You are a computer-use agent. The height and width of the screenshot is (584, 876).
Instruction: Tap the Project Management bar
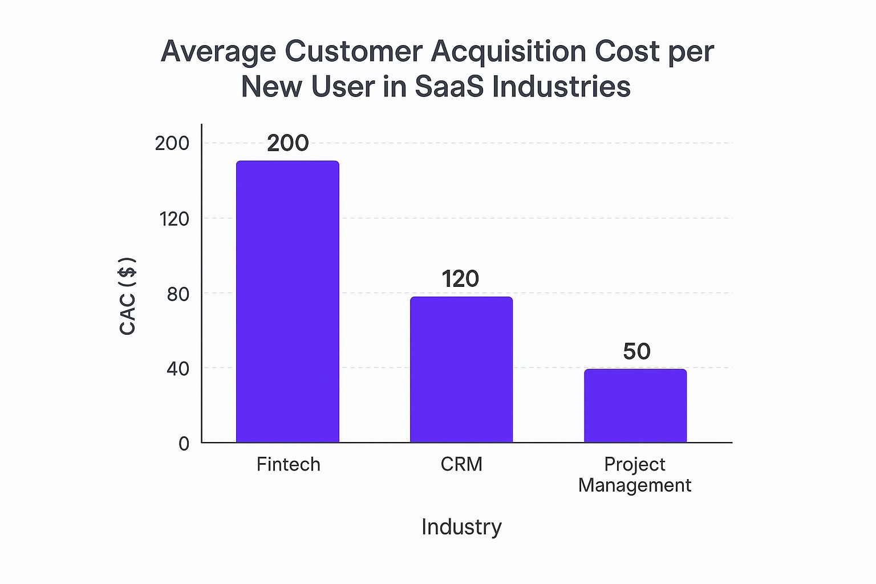[635, 405]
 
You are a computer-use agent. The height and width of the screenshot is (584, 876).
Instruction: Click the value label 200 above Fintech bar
[287, 143]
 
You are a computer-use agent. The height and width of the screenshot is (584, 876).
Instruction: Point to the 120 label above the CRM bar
[460, 279]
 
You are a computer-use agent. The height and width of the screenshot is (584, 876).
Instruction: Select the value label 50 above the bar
[636, 351]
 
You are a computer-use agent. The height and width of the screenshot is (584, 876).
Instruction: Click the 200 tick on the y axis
[172, 143]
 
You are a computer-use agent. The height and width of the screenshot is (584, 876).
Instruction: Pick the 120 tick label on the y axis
[174, 218]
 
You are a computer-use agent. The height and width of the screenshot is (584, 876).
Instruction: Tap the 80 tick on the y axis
[177, 294]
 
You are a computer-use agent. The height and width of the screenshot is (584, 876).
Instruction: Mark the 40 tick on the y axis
[177, 369]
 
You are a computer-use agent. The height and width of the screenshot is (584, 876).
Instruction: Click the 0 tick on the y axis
[184, 444]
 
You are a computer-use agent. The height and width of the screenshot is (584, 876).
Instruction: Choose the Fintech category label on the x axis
[288, 464]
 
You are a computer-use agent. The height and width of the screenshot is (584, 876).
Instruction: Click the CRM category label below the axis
[461, 464]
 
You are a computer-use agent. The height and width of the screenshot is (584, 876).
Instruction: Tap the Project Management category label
[634, 474]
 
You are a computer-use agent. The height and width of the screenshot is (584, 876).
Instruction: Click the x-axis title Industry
[461, 526]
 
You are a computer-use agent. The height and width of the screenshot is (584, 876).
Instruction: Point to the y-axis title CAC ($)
[128, 296]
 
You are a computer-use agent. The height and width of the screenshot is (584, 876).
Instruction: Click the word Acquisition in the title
[509, 51]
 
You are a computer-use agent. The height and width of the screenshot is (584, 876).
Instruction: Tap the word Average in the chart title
[218, 52]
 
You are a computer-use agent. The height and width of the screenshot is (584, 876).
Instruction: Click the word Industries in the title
[561, 87]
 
